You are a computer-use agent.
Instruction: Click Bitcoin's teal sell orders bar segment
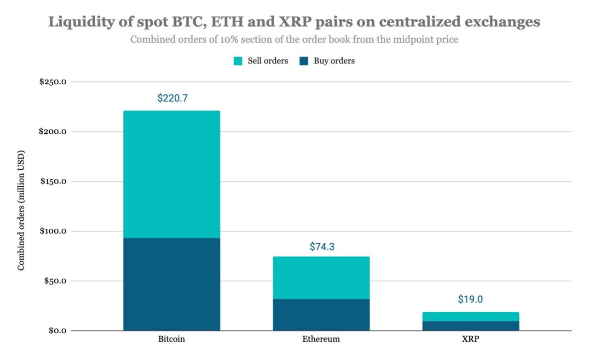(x=172, y=174)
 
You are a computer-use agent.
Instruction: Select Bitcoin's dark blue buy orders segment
(x=172, y=284)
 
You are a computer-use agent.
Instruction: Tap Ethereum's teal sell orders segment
(x=321, y=278)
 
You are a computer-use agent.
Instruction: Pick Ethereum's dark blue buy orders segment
(x=321, y=315)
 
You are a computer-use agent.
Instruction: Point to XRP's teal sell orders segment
(x=471, y=316)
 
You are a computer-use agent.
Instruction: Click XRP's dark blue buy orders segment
(x=471, y=326)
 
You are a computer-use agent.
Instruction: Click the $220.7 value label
(x=173, y=98)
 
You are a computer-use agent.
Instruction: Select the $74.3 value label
(x=322, y=246)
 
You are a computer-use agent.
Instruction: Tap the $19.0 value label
(x=470, y=299)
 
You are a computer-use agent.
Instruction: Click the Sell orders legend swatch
(x=238, y=61)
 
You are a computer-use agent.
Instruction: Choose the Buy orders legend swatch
(x=304, y=61)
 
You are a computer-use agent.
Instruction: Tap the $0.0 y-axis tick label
(x=58, y=331)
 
